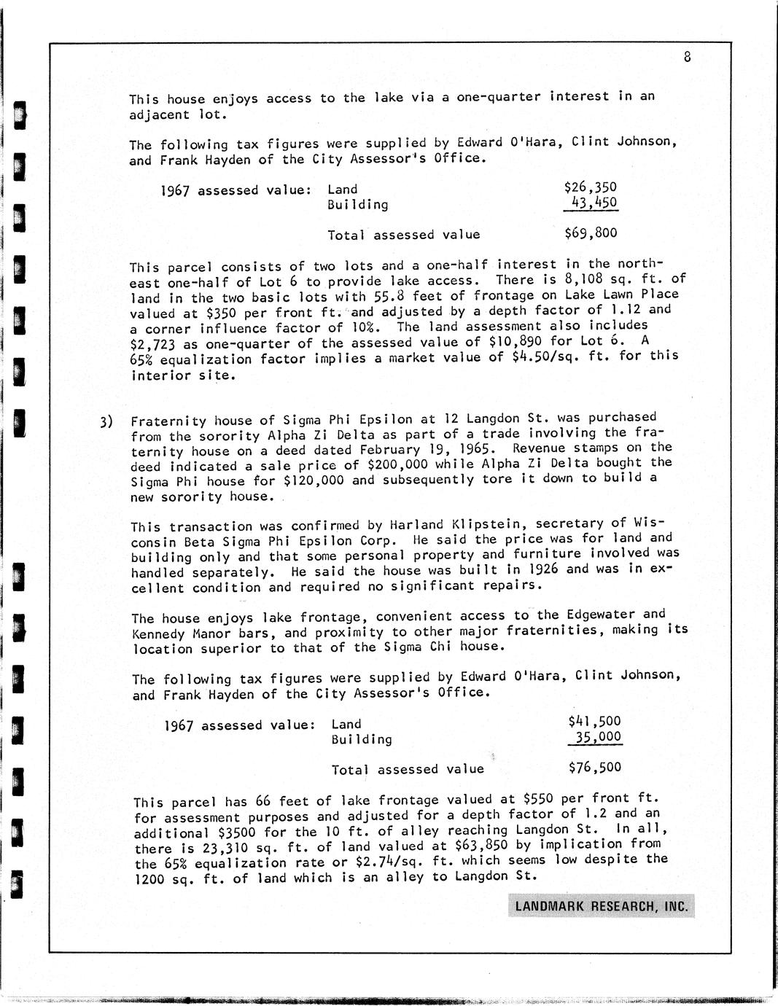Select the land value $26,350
pos(591,187)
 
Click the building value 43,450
pos(594,203)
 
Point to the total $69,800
pos(591,233)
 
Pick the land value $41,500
pos(594,722)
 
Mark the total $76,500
pos(594,767)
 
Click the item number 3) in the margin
pos(106,421)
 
